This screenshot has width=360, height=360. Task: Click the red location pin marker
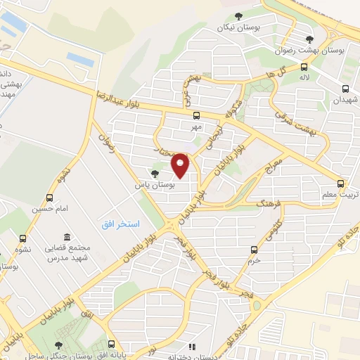pyautogui.click(x=181, y=165)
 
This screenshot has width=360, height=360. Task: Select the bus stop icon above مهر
pyautogui.click(x=195, y=116)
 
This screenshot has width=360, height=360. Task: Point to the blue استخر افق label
pyautogui.click(x=120, y=223)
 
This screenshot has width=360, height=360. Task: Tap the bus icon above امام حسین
pyautogui.click(x=49, y=197)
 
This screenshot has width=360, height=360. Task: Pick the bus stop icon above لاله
pyautogui.click(x=304, y=67)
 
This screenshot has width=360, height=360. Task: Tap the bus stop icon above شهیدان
pyautogui.click(x=345, y=89)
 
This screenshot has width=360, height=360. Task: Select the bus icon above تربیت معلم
pyautogui.click(x=341, y=181)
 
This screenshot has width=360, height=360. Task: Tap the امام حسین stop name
pyautogui.click(x=49, y=209)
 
